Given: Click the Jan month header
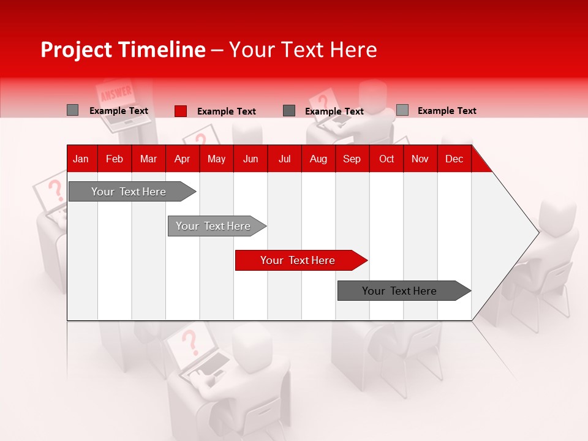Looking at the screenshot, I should [81, 159].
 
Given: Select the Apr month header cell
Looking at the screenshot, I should [183, 159].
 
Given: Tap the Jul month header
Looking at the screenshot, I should [284, 159].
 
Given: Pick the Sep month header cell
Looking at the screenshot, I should [352, 159].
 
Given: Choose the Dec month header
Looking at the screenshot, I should [454, 159].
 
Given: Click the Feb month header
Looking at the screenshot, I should [115, 159].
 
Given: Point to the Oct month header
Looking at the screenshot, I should [386, 159].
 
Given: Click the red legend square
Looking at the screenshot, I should [181, 111].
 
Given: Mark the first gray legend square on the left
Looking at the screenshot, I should [73, 110].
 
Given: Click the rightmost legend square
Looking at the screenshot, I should [402, 110].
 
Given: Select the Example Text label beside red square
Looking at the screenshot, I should [226, 111].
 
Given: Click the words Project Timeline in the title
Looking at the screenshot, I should [123, 50].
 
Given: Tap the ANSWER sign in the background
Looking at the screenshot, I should [116, 94].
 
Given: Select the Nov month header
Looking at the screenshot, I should [420, 159].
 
